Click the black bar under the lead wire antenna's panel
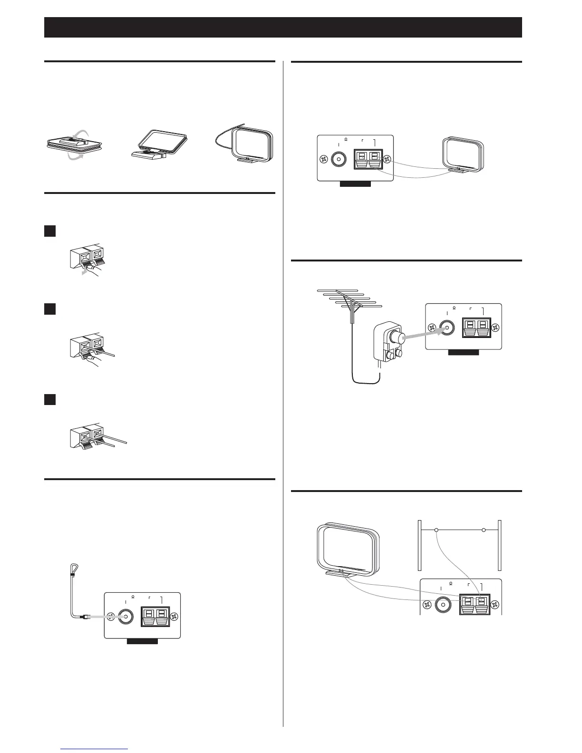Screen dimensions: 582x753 pyautogui.click(x=142, y=641)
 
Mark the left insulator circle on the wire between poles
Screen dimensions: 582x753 pyautogui.click(x=436, y=530)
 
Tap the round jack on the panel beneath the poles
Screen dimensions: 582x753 pyautogui.click(x=443, y=605)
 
